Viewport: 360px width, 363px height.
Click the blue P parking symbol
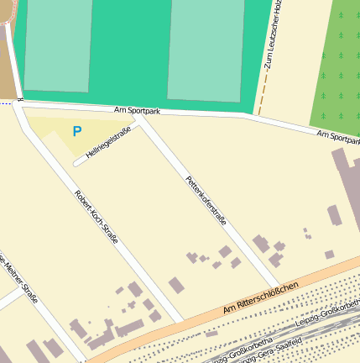(x=77, y=131)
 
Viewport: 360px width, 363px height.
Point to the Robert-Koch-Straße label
(x=96, y=217)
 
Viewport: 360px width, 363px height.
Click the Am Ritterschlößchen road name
(x=261, y=300)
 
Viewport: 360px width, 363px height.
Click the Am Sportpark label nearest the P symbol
(x=137, y=111)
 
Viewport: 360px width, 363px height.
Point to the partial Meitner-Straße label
(x=19, y=276)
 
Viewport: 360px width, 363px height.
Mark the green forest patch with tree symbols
(x=337, y=63)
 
